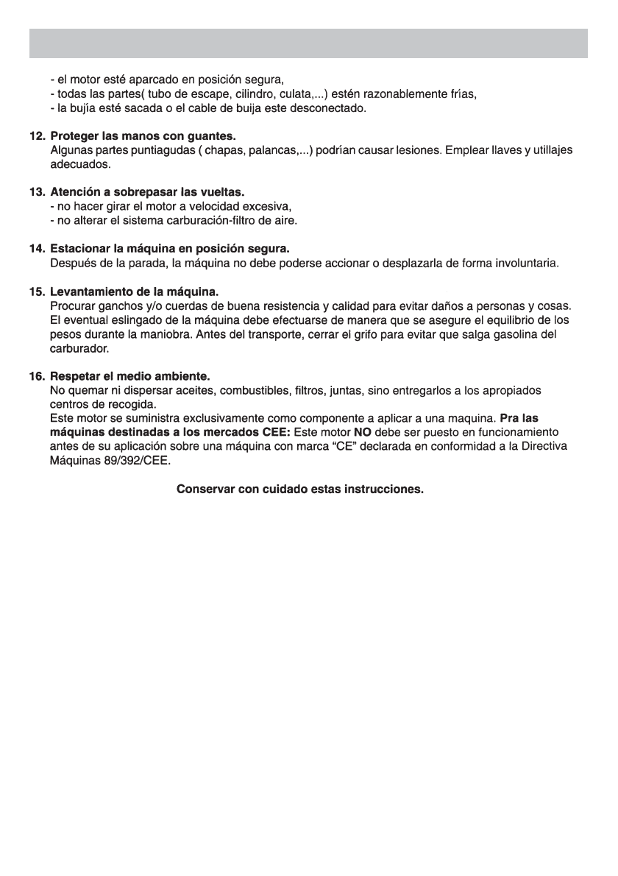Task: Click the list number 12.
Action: click(37, 138)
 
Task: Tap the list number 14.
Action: click(37, 250)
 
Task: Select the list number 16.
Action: click(37, 376)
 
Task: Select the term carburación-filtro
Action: click(213, 220)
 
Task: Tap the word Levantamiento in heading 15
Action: click(88, 292)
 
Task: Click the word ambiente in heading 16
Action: click(185, 376)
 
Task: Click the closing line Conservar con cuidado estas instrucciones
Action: click(300, 489)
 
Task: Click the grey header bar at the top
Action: click(308, 43)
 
